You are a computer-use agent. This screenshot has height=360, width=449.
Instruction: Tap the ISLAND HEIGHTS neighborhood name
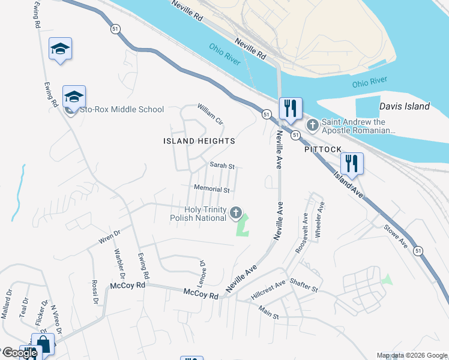point(199,141)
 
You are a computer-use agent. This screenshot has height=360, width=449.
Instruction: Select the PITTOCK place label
point(322,149)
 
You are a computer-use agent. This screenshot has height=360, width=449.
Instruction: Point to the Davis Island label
point(405,106)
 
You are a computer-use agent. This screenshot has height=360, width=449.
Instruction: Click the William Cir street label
point(211,114)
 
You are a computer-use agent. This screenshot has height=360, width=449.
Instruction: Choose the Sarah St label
point(221,165)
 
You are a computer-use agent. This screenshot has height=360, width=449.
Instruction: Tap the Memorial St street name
point(212,190)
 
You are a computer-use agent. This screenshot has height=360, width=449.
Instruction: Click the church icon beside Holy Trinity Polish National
point(236,212)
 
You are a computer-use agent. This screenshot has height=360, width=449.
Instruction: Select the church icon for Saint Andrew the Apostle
point(312,125)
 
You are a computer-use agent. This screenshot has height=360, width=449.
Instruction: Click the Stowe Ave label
point(396,236)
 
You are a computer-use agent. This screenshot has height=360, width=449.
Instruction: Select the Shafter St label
point(303,284)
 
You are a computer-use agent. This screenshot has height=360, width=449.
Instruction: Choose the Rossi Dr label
point(95,292)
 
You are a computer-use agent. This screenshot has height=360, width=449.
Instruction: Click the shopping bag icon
point(43,344)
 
